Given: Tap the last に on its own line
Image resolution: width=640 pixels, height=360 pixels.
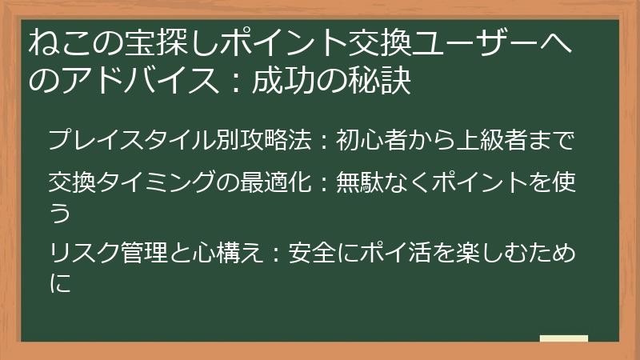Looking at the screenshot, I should tap(60, 284).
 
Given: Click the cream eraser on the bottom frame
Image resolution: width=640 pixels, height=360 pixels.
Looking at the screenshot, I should tap(564, 339).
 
